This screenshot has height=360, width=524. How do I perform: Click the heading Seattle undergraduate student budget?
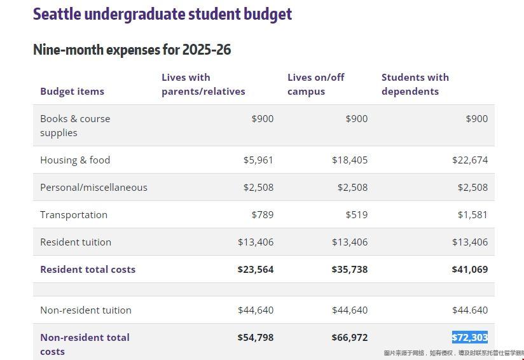click(x=162, y=14)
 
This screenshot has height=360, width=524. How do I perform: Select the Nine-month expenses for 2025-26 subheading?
click(x=132, y=50)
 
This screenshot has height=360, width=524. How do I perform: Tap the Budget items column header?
click(x=72, y=91)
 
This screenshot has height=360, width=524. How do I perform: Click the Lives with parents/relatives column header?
click(x=203, y=84)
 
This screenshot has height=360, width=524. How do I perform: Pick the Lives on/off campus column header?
click(x=315, y=84)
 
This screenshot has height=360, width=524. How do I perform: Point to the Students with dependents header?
click(x=415, y=84)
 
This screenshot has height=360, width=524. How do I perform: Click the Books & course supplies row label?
click(x=75, y=125)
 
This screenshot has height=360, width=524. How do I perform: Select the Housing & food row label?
click(x=75, y=160)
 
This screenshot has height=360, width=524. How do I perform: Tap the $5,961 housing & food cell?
click(x=258, y=160)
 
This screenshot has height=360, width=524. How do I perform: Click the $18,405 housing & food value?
click(x=349, y=160)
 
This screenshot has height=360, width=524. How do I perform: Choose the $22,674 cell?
click(x=470, y=160)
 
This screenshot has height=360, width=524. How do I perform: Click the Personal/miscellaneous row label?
click(x=93, y=187)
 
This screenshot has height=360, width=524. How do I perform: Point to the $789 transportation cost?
click(x=262, y=214)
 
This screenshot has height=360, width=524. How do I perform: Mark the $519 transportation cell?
click(x=356, y=214)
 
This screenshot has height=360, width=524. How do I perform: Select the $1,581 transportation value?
click(x=472, y=214)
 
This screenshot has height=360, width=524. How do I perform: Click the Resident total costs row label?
click(x=88, y=269)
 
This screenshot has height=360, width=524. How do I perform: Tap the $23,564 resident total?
click(x=255, y=269)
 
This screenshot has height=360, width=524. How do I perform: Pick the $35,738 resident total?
click(x=349, y=269)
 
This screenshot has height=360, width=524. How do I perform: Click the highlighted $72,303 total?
click(x=470, y=337)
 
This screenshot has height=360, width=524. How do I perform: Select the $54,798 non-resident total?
click(x=255, y=337)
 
